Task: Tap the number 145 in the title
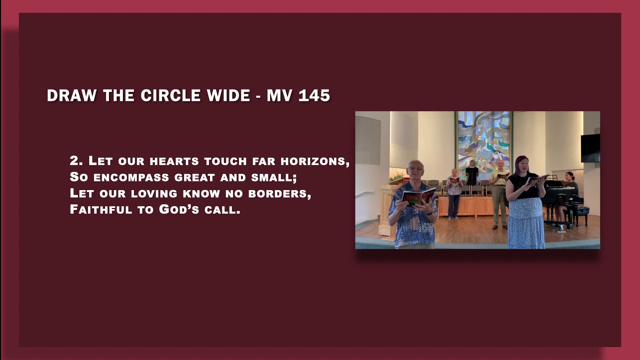coord(313,95)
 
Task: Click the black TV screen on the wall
coord(590,148)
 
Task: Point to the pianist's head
coord(569,176)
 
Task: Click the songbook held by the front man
coord(418,196)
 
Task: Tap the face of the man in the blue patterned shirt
coord(415,170)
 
